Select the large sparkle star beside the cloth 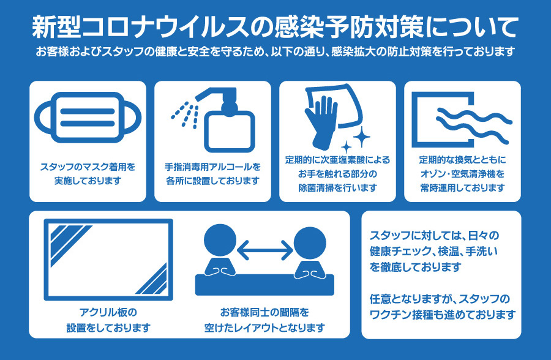pyautogui.click(x=361, y=137)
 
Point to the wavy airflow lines pyautogui.click(x=474, y=126)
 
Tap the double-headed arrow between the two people pyautogui.click(x=265, y=250)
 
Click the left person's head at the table pyautogui.click(x=220, y=240)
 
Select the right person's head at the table pyautogui.click(x=310, y=243)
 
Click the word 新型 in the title pyautogui.click(x=56, y=27)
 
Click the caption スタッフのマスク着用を pyautogui.click(x=88, y=167)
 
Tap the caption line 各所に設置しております pyautogui.click(x=212, y=181)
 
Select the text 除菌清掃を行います pyautogui.click(x=338, y=188)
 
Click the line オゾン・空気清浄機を pyautogui.click(x=462, y=174)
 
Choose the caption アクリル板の pyautogui.click(x=108, y=312)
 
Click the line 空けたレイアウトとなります pyautogui.click(x=264, y=328)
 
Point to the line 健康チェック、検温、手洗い pyautogui.click(x=433, y=251)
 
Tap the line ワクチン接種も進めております pyautogui.click(x=443, y=314)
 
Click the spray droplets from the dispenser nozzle pyautogui.click(x=184, y=114)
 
